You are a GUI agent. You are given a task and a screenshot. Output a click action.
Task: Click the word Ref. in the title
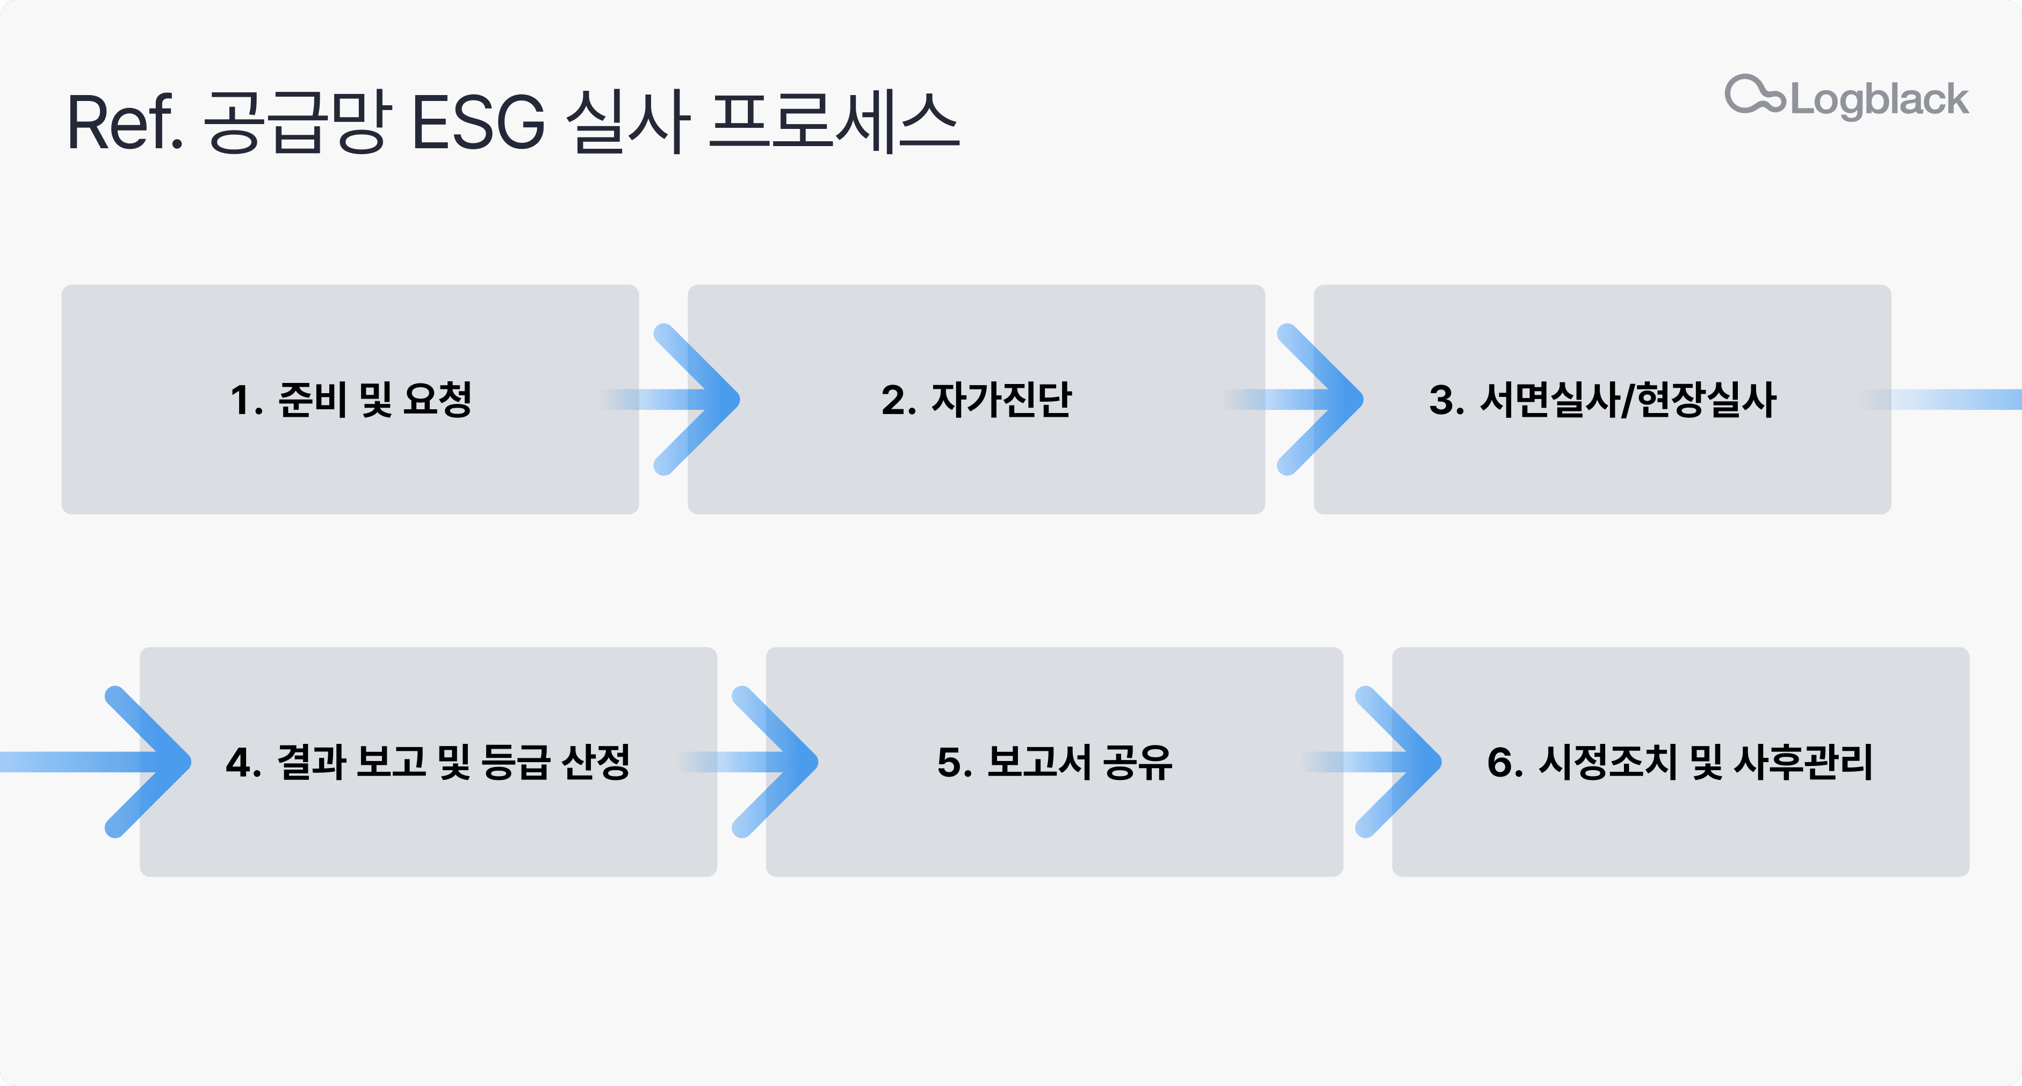pyautogui.click(x=124, y=122)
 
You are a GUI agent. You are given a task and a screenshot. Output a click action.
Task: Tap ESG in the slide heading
pyautogui.click(x=477, y=122)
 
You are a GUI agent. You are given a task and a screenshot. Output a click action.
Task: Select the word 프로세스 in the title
pyautogui.click(x=834, y=122)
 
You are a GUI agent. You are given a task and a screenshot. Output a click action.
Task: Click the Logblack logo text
pyautogui.click(x=1879, y=100)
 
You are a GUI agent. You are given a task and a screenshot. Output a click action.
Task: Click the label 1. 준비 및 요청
pyautogui.click(x=351, y=400)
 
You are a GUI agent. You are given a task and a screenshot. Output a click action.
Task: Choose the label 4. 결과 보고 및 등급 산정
pyautogui.click(x=428, y=762)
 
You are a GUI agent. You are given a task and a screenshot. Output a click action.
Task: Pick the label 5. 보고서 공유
pyautogui.click(x=1054, y=762)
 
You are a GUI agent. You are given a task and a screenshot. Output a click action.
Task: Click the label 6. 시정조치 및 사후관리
pyautogui.click(x=1680, y=762)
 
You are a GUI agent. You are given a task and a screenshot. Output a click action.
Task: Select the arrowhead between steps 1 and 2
pyautogui.click(x=703, y=400)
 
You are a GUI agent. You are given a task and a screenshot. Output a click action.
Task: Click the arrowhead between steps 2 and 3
pyautogui.click(x=1326, y=400)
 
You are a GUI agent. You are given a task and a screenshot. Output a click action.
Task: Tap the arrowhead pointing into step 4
pyautogui.click(x=153, y=762)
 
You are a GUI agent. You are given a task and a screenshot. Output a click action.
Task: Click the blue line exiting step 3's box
pyautogui.click(x=1954, y=400)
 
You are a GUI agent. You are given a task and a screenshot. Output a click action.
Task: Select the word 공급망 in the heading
pyautogui.click(x=297, y=122)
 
